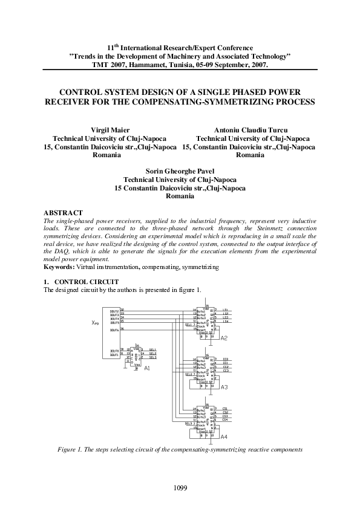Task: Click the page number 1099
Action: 180,487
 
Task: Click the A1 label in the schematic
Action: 147,367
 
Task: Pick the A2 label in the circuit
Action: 224,337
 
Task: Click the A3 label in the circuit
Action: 224,386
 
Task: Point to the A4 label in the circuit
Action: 224,436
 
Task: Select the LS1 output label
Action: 226,310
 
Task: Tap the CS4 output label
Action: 226,420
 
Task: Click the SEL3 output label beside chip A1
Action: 152,357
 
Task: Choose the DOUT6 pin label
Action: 114,330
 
